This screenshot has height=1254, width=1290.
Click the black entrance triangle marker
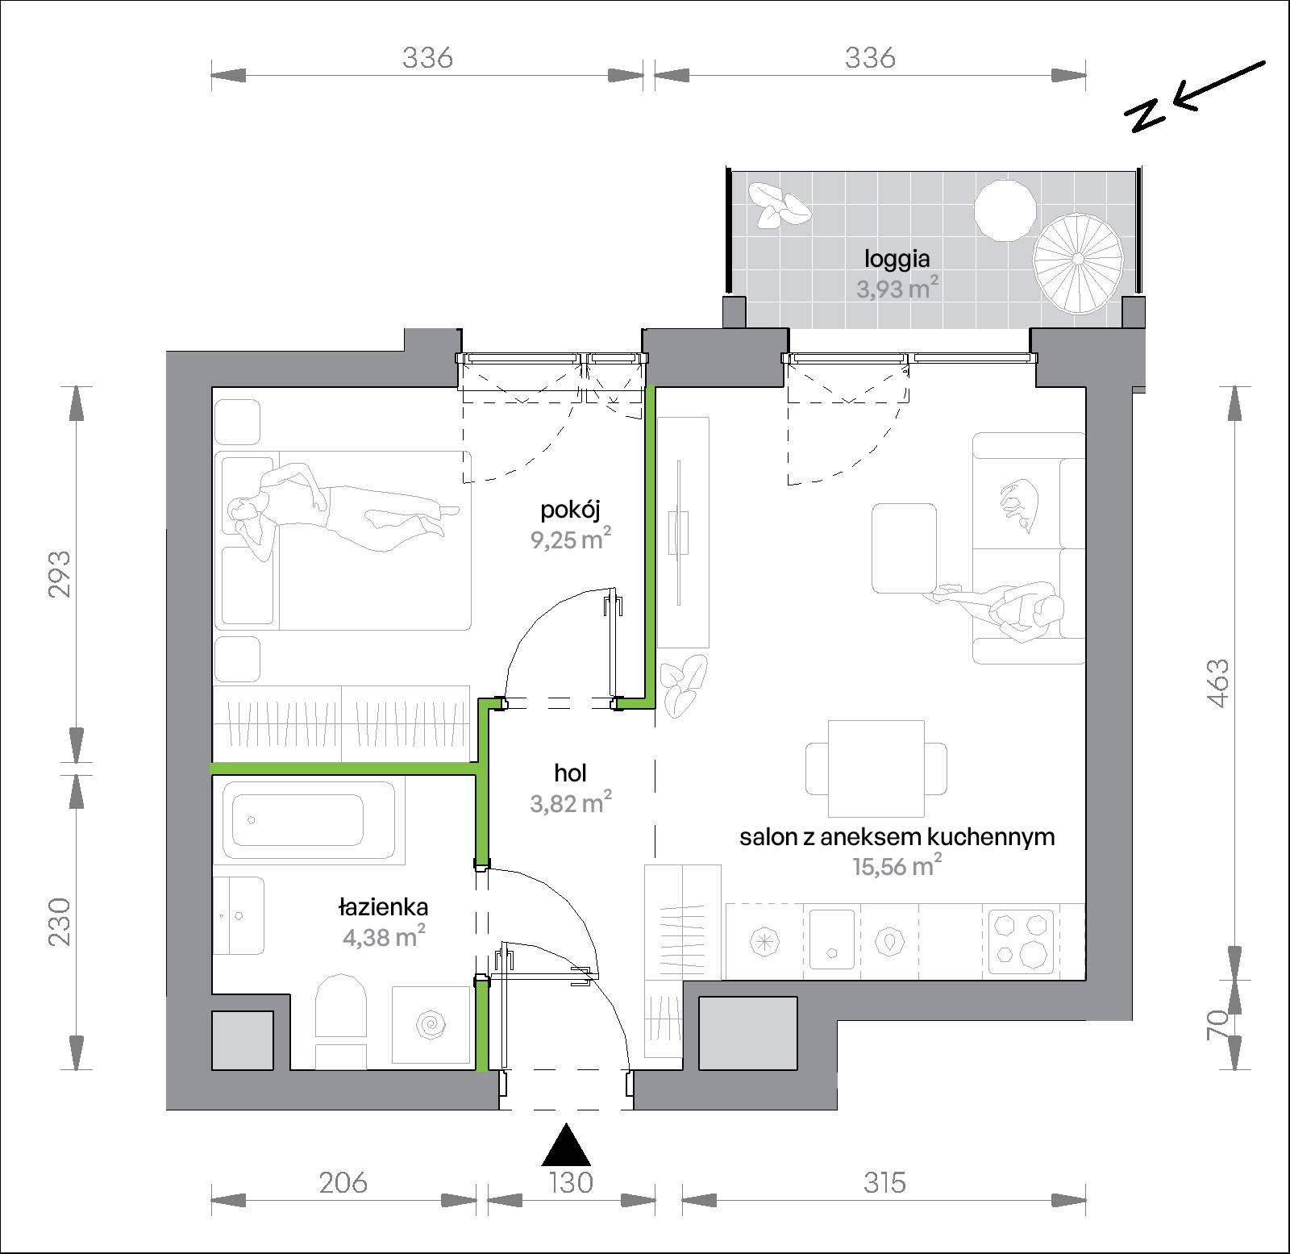(x=566, y=1144)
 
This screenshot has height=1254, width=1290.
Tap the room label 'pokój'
(x=571, y=510)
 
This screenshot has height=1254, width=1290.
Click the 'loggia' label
(x=897, y=259)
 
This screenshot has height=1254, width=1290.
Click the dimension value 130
(x=571, y=1182)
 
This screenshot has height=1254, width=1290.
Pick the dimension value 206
(x=343, y=1182)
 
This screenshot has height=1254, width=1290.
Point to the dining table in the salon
(x=876, y=769)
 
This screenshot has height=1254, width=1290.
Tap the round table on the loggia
(x=1005, y=210)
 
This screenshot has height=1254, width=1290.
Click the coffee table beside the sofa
(x=904, y=548)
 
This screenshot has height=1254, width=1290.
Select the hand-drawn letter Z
(x=1146, y=115)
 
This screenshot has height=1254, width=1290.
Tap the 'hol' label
(x=570, y=773)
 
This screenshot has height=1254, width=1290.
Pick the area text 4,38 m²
(x=383, y=936)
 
